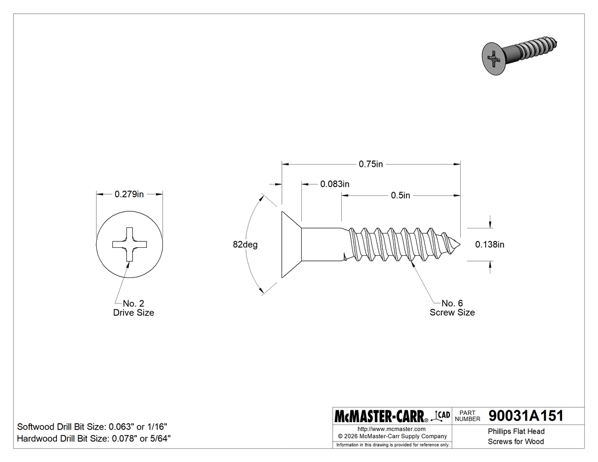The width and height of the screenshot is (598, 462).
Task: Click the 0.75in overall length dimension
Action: click(x=371, y=164)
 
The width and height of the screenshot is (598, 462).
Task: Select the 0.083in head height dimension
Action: click(x=334, y=184)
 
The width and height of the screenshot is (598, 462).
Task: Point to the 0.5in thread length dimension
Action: click(x=400, y=195)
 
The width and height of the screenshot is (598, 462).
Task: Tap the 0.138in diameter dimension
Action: click(x=490, y=244)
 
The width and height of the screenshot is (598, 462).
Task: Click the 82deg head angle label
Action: click(x=245, y=244)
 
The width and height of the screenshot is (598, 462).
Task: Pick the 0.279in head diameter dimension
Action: click(x=129, y=194)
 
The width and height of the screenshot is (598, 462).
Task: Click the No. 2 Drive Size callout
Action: click(x=133, y=308)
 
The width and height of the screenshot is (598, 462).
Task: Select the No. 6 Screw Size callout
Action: click(x=452, y=308)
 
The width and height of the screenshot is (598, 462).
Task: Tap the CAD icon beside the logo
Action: click(x=443, y=415)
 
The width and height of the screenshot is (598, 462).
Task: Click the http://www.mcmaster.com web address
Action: click(x=391, y=428)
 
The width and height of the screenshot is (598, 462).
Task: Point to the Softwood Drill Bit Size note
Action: click(x=92, y=427)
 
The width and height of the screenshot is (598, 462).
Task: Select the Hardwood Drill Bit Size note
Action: click(x=94, y=439)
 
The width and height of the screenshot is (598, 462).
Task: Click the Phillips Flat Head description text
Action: click(x=516, y=432)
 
